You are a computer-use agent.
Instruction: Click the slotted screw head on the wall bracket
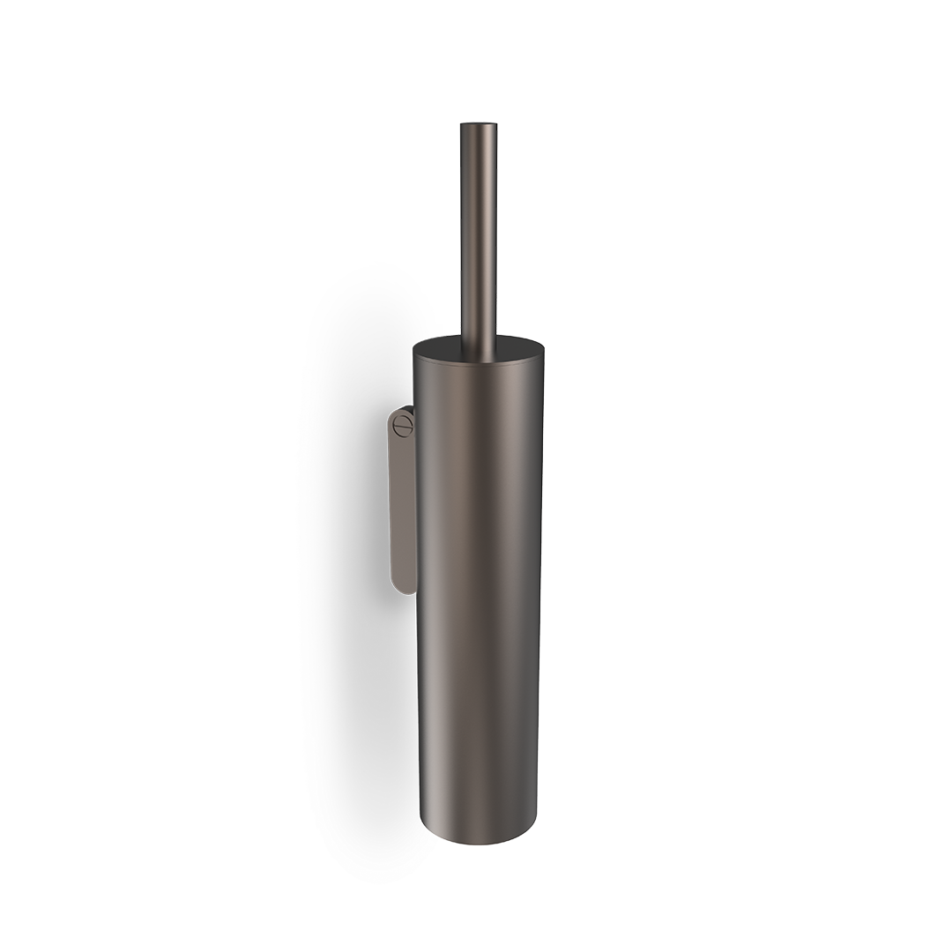point(402,426)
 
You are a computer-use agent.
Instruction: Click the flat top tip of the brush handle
point(479,124)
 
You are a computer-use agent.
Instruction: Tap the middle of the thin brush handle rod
point(479,229)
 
